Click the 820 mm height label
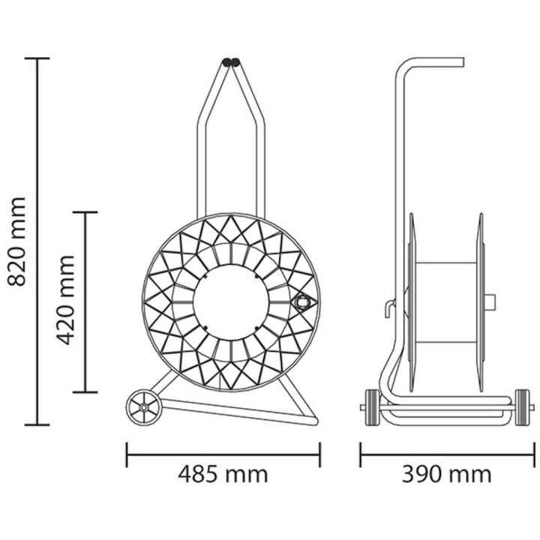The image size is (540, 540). [x=16, y=241]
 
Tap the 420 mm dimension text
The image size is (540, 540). [x=65, y=300]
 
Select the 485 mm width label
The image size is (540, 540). [x=223, y=475]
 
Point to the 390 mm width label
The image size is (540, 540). [x=447, y=475]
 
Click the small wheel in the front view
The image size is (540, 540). [x=143, y=408]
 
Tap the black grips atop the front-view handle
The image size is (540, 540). [x=231, y=62]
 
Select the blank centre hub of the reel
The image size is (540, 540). [x=230, y=302]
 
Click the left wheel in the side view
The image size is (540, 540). [x=373, y=408]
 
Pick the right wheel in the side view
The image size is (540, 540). [x=522, y=408]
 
